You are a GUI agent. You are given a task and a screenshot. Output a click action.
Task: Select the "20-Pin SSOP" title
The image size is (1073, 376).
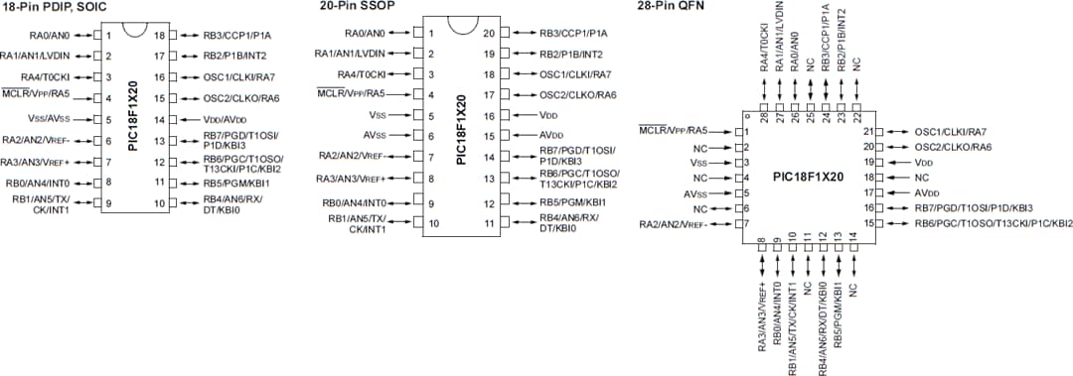[x=350, y=7]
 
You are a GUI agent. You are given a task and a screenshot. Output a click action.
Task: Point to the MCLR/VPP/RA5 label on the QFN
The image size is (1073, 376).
[x=674, y=131]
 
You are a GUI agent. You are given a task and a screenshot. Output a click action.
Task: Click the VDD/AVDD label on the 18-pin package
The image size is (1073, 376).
[x=225, y=118]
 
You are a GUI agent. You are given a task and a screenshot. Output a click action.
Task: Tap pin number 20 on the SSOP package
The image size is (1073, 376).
[x=489, y=33]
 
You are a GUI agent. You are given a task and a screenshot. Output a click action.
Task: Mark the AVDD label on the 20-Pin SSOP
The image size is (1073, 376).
[x=551, y=135]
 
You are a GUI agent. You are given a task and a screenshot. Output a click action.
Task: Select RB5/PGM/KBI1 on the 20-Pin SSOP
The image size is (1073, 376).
[x=572, y=202]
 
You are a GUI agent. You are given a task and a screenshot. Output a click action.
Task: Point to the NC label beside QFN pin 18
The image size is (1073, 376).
[x=922, y=177]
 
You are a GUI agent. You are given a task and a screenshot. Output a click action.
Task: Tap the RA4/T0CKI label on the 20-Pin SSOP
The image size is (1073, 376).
[x=361, y=74]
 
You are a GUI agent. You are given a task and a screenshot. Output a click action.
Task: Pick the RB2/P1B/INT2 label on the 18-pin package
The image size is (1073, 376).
[x=235, y=56]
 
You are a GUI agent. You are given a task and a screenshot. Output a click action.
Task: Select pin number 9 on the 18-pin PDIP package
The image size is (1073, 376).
[x=107, y=204]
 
